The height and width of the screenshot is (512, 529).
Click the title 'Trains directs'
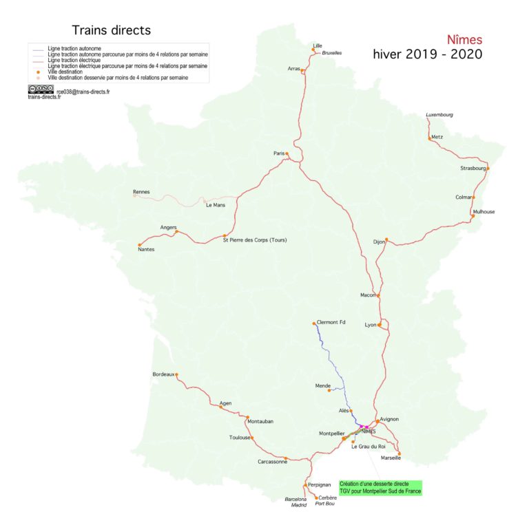click(111, 30)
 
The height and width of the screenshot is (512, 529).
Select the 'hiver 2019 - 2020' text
click(427, 54)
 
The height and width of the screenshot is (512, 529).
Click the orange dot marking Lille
click(313, 50)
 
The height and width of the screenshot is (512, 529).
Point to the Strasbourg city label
click(473, 168)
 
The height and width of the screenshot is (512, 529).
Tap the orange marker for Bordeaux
click(177, 374)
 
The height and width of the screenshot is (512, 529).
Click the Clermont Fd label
click(331, 322)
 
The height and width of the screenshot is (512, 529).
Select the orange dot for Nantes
click(140, 244)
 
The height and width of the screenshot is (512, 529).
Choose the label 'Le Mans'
click(216, 204)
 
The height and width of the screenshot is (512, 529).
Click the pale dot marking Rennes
click(134, 195)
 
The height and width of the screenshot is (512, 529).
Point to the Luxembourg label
click(439, 114)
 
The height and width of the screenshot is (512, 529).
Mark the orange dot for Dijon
click(387, 240)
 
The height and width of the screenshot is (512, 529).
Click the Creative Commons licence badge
click(41, 89)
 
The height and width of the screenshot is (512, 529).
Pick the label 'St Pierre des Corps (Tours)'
click(254, 239)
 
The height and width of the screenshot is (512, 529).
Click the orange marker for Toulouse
click(252, 438)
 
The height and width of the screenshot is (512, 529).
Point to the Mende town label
click(322, 386)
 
